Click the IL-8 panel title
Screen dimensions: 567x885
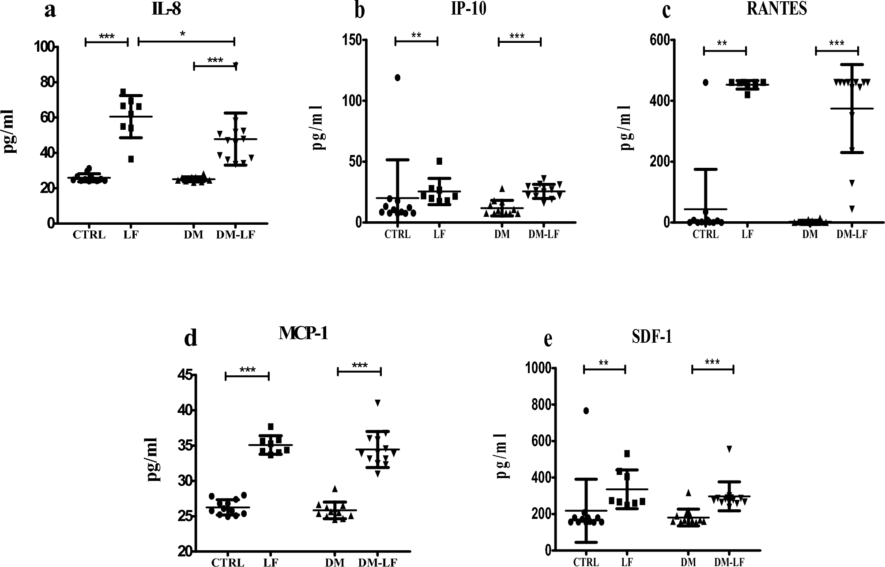tap(166, 9)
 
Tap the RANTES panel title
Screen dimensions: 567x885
tap(776, 8)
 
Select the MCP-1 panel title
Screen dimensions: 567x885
tap(303, 333)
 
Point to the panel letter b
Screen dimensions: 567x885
tap(360, 11)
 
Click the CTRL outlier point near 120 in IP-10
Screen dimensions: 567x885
tap(397, 78)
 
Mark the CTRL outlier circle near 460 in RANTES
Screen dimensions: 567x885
tap(705, 82)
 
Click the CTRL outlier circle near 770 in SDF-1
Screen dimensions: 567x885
tap(586, 411)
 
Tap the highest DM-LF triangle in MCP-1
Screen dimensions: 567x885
tap(377, 402)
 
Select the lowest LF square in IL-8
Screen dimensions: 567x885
tap(131, 159)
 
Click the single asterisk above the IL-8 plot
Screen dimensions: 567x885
tap(183, 34)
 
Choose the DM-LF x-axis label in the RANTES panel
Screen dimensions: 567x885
tap(851, 234)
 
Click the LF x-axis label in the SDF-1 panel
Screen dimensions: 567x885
tap(627, 562)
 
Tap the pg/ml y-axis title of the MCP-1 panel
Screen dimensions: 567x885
tap(153, 459)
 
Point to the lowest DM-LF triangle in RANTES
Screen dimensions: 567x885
tap(852, 209)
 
